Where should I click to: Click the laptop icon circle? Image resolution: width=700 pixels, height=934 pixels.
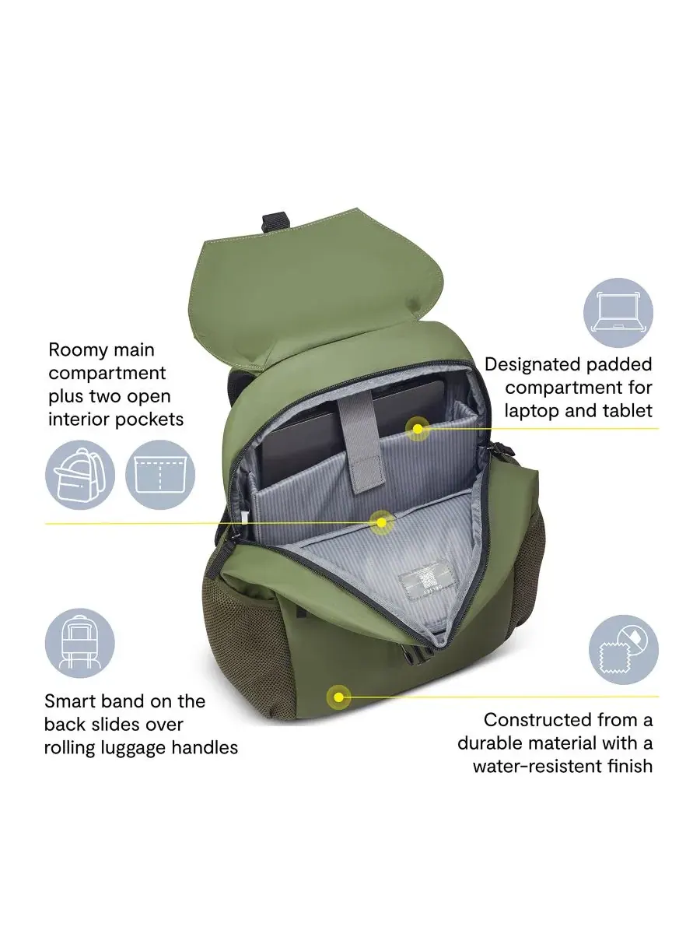(618, 313)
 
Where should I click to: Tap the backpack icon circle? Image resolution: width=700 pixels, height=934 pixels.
(80, 475)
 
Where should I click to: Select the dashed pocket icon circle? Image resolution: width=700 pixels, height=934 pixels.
(160, 475)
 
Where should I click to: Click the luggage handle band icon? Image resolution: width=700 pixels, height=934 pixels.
(80, 643)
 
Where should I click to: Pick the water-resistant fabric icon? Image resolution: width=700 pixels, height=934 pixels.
(624, 649)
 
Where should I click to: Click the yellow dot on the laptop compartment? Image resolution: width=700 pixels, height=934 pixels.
(418, 429)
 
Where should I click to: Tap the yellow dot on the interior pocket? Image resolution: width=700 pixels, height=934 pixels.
(382, 522)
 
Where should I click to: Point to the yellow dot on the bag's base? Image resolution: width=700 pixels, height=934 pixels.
(338, 697)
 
